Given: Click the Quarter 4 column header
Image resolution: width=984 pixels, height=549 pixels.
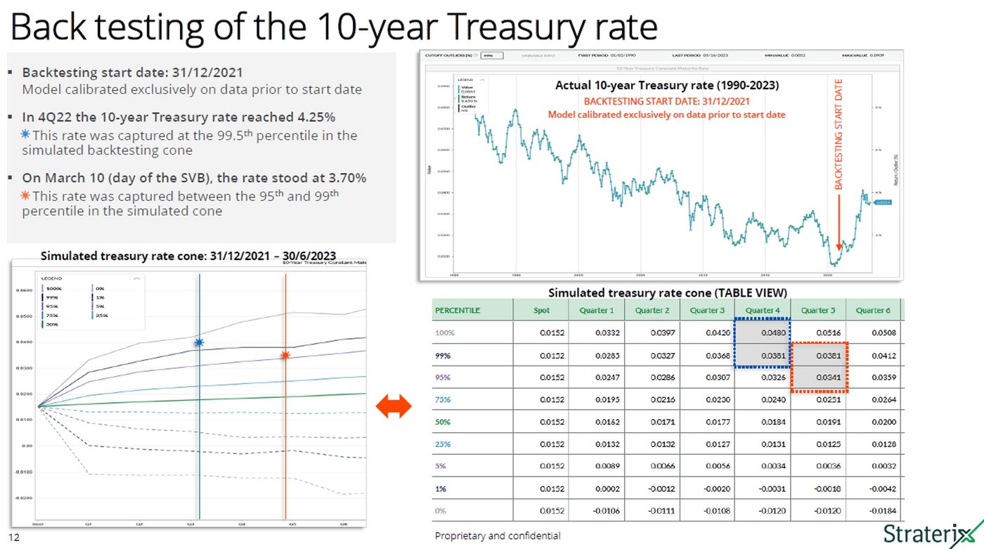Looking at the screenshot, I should [762, 310].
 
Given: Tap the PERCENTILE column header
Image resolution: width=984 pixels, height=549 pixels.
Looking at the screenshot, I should [458, 310].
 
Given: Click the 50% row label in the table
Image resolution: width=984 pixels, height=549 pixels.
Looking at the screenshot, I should [443, 422].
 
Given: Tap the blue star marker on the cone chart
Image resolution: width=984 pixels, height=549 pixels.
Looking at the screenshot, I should [199, 342].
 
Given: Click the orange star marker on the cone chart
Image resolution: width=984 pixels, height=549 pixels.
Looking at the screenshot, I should [285, 356].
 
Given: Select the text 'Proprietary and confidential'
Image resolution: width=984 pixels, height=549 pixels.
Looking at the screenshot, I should [498, 536].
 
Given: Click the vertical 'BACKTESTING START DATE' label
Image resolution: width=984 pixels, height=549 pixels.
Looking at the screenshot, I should [838, 134].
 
